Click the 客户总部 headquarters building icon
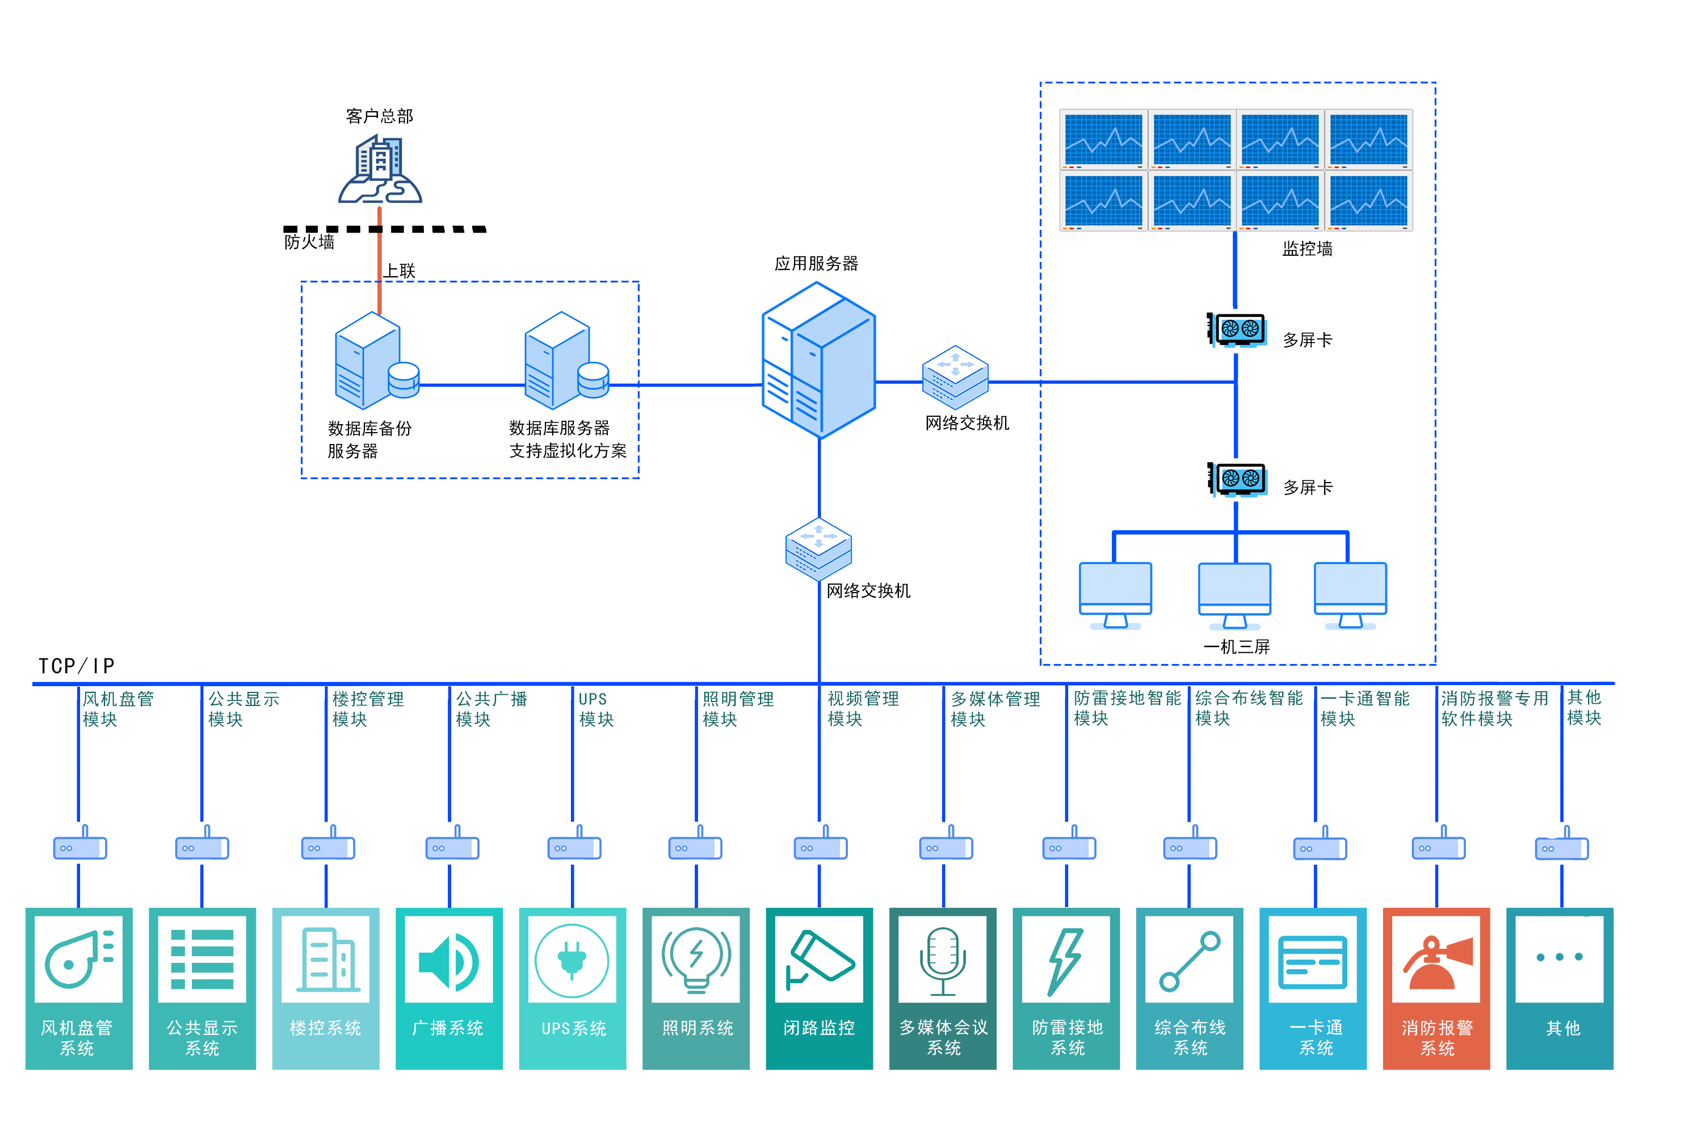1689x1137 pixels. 380,167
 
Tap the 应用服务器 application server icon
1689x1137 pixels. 818,361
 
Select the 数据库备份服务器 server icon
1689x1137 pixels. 376,361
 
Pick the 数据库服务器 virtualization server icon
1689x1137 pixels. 566,361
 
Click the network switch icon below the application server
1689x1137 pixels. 818,549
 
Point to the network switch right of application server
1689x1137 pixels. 955,377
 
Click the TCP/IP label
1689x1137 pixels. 76,666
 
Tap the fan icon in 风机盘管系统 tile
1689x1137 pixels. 79,960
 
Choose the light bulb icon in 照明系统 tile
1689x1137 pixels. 696,960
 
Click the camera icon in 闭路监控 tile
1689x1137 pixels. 820,960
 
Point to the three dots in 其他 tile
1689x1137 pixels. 1559,957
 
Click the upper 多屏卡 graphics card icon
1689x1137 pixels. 1237,331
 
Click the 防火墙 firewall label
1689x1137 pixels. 310,242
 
